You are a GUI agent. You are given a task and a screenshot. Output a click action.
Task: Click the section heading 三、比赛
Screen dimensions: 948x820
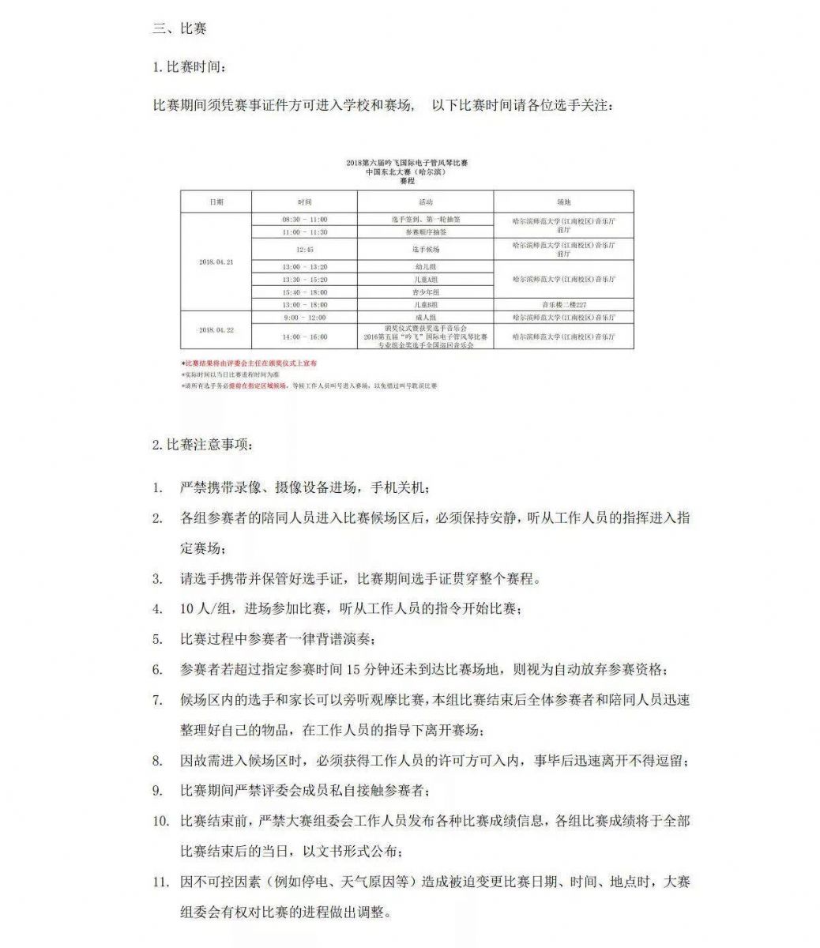pyautogui.click(x=180, y=29)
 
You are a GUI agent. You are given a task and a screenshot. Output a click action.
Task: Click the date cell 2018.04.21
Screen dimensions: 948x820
pyautogui.click(x=216, y=262)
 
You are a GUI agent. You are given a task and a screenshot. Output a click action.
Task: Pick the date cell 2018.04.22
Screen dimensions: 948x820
pyautogui.click(x=216, y=330)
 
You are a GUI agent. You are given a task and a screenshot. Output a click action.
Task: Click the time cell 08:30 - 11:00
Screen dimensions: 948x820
pyautogui.click(x=305, y=220)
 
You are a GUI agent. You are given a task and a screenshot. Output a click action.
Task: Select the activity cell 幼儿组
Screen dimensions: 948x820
pyautogui.click(x=426, y=267)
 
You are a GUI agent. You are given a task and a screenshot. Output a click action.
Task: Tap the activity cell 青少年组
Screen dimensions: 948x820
pyautogui.click(x=426, y=292)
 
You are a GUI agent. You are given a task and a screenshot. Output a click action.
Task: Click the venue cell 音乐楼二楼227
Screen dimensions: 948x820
pyautogui.click(x=563, y=304)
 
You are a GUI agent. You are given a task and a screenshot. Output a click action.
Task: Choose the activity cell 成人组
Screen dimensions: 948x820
pyautogui.click(x=426, y=317)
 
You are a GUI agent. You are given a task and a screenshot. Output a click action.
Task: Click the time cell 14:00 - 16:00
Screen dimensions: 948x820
pyautogui.click(x=305, y=337)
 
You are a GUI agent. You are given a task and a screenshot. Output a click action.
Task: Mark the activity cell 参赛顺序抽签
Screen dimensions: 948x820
pyautogui.click(x=426, y=232)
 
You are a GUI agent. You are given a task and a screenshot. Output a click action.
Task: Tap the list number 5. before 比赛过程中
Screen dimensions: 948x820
pyautogui.click(x=158, y=639)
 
